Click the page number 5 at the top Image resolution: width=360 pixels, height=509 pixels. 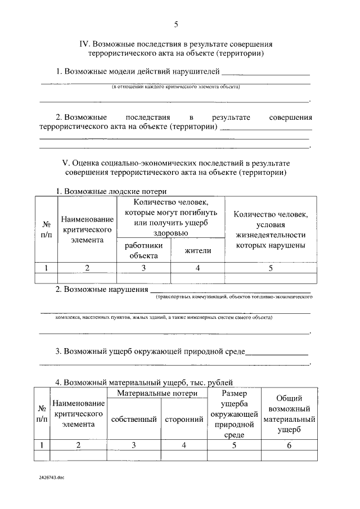point(175,24)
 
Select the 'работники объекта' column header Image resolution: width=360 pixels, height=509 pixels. point(143,250)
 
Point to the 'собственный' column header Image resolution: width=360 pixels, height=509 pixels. point(133,420)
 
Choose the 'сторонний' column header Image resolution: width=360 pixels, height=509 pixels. point(184,420)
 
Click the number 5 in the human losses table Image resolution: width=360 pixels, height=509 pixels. point(271,268)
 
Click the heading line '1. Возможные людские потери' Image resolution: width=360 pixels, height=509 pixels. point(111,191)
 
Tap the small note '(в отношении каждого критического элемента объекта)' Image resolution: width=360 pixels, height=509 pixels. point(175,87)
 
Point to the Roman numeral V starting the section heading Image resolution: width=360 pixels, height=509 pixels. point(64,162)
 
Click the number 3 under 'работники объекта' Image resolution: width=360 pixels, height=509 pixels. point(143,268)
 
